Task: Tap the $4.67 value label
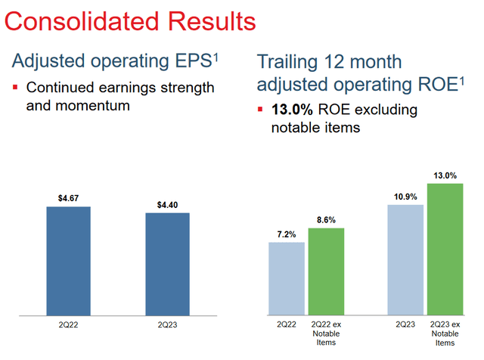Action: point(68,197)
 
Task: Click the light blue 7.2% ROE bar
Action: point(287,278)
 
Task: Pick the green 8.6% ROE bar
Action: point(326,271)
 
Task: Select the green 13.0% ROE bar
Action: point(445,249)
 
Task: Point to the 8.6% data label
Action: point(326,219)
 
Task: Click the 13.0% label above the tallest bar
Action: point(445,175)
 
